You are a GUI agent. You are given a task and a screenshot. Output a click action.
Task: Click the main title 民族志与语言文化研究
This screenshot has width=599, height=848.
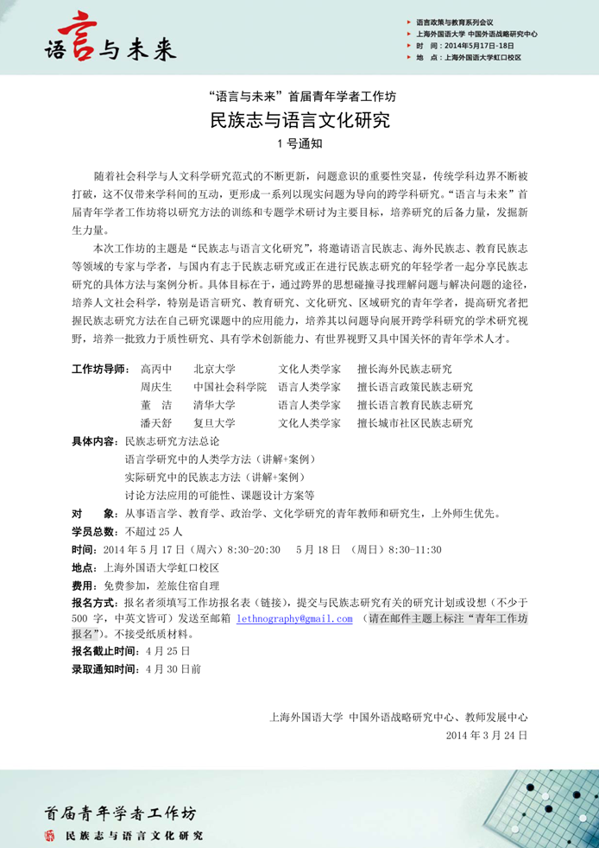point(299,120)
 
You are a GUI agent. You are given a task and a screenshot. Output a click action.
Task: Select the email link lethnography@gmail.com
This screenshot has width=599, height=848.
point(295,618)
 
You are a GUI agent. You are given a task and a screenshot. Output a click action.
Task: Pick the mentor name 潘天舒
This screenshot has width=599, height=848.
point(156,423)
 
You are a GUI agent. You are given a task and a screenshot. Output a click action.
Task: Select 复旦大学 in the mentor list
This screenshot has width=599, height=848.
point(214,423)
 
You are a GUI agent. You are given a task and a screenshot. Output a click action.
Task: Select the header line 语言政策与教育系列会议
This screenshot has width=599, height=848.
point(455,21)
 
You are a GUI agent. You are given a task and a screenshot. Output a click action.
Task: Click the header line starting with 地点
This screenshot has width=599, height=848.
point(469,58)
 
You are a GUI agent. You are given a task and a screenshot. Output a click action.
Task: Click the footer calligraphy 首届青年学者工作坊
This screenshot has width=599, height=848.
point(121,812)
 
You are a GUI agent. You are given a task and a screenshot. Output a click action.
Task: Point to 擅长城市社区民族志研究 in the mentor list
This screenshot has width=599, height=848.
point(414,423)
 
